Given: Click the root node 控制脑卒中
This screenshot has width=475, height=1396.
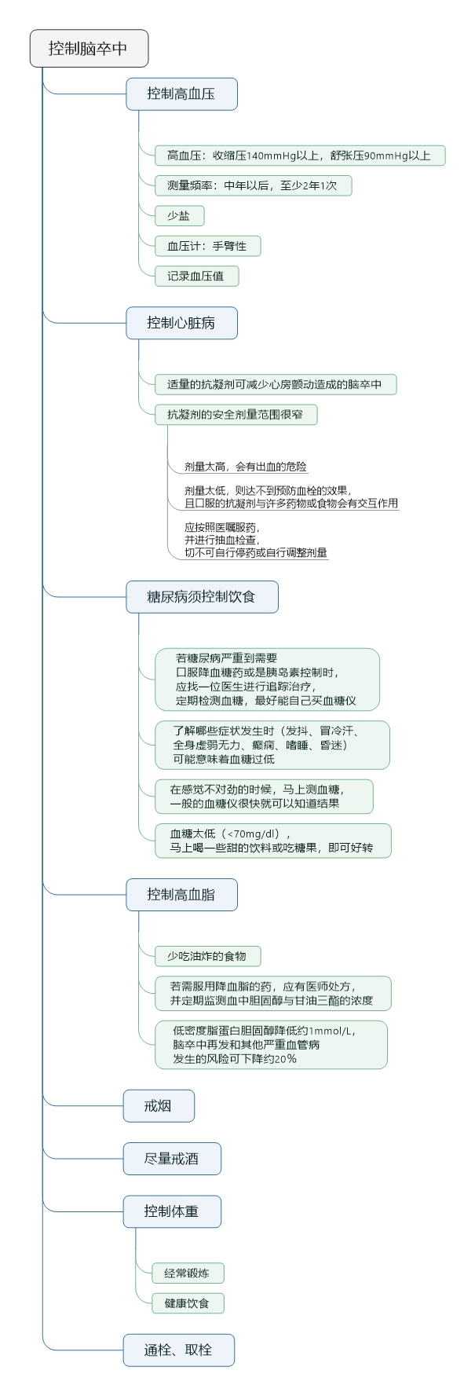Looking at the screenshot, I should (x=89, y=49).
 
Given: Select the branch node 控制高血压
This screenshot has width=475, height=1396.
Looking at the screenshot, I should (x=181, y=94).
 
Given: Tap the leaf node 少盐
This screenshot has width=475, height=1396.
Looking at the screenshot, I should (x=179, y=216).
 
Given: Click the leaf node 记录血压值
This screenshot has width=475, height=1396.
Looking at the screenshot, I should (x=196, y=277).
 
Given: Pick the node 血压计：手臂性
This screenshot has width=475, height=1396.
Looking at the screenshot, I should (x=207, y=246).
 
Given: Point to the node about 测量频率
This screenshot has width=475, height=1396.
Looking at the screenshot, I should (x=252, y=186).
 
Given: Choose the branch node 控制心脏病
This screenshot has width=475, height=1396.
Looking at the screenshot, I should (x=181, y=323).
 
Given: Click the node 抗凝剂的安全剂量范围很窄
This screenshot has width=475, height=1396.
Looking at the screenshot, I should (x=236, y=415).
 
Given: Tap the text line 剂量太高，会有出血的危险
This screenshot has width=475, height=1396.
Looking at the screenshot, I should (x=246, y=467).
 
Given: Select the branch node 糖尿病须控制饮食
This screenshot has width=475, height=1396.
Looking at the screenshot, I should (x=202, y=597).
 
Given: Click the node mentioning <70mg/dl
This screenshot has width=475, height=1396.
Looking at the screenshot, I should (x=272, y=841).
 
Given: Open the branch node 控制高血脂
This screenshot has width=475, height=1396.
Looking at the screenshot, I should (x=181, y=895).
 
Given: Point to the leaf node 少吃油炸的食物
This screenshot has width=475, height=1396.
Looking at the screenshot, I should (x=207, y=956).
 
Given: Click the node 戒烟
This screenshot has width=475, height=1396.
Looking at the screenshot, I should (x=158, y=1106).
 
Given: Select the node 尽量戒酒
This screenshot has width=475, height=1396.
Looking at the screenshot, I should (x=171, y=1159).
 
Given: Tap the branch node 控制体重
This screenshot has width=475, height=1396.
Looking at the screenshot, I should (x=171, y=1211).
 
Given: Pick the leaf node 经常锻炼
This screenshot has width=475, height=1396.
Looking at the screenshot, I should (x=187, y=1273).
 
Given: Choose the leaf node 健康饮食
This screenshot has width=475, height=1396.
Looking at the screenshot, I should (x=187, y=1303).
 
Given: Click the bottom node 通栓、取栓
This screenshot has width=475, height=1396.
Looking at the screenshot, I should (x=178, y=1350).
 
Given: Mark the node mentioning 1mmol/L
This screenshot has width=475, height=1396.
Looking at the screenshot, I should (x=271, y=1045).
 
